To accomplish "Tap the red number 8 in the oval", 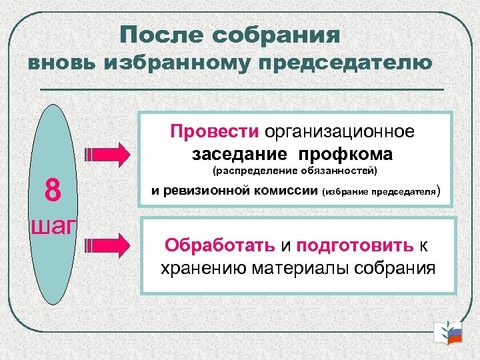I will coord(53,191).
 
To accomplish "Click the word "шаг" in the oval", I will coord(53,225).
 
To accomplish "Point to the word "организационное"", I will coord(339,131).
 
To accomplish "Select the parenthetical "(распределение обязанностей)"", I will coord(295,172).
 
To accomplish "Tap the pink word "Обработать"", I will coord(220,245).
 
